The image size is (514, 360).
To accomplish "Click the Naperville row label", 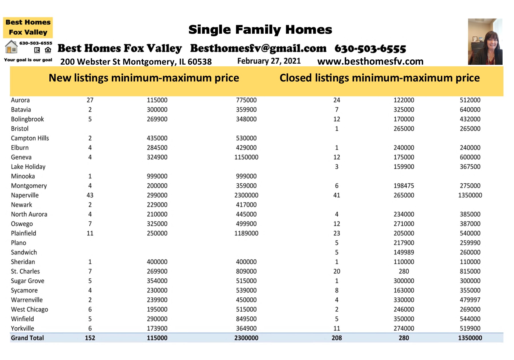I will coord(25,195).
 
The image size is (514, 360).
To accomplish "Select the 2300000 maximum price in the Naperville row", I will coord(246,195).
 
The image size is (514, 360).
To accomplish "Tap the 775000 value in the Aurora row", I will coord(246,100).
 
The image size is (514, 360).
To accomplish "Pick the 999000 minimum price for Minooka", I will coord(157,176).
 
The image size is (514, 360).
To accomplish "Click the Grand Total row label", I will coord(27,338).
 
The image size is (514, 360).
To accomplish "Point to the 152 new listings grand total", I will coord(90,338).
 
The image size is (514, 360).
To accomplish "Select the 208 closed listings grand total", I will coord(337,338).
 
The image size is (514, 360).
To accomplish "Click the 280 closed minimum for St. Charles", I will coord(404,271).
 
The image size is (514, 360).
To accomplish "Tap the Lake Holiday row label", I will coord(28,167).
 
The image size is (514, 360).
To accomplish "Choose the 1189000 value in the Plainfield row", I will coord(246,233).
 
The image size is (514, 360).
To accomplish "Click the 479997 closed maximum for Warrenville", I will coord(470,300).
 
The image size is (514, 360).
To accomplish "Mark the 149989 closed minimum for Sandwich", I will coord(404,252).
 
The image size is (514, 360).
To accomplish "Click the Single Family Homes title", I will coord(260,30).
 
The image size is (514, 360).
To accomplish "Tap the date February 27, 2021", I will coord(269,61).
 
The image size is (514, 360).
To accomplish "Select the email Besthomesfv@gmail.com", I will coord(258,48).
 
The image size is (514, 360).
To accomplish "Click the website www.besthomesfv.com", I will coord(370,61).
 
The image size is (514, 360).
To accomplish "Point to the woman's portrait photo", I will coord(485,42).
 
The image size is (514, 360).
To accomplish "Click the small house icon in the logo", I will coord(11,47).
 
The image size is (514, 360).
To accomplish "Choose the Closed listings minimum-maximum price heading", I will coord(380,78).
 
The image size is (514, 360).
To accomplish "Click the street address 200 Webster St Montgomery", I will coord(136,61).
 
